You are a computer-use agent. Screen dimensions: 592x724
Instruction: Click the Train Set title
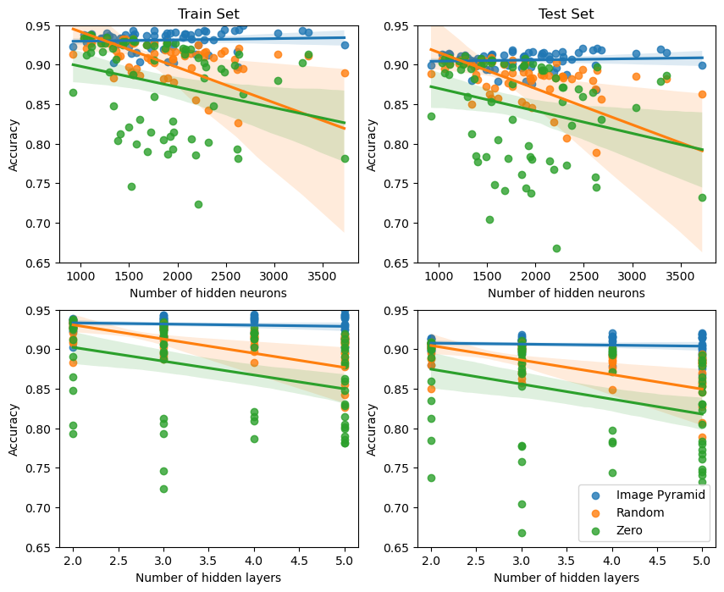click(x=207, y=14)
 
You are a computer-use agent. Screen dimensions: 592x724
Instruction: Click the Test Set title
click(x=566, y=14)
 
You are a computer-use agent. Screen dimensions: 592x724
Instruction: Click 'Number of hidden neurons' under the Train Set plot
click(x=207, y=293)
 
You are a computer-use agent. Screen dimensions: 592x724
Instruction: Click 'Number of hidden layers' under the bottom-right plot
click(x=566, y=578)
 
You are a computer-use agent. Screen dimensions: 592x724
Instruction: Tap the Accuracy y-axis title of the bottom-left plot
click(x=14, y=429)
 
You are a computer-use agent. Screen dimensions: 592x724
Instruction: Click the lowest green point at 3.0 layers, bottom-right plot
click(x=522, y=533)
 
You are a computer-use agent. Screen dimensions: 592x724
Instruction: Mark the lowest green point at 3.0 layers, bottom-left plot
click(x=163, y=489)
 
